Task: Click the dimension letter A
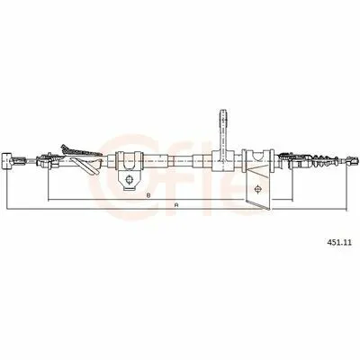click(x=176, y=205)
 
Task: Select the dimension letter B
click(x=148, y=195)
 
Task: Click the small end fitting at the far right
click(x=352, y=161)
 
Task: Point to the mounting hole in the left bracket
click(x=129, y=179)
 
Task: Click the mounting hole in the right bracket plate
click(x=257, y=189)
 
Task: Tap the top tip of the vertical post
click(x=224, y=111)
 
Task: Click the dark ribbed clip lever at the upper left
click(x=81, y=151)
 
